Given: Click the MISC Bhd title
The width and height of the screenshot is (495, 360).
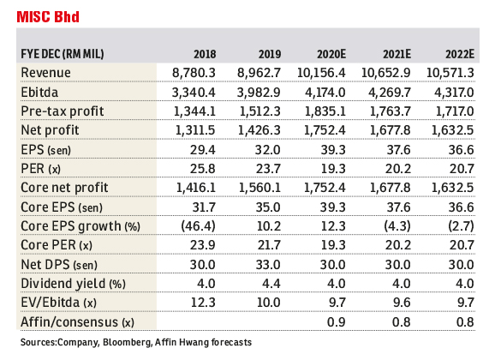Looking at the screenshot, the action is [x=48, y=17].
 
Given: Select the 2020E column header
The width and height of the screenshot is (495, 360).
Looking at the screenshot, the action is [x=331, y=54].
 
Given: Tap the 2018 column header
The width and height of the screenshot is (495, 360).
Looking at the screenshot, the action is [x=205, y=54].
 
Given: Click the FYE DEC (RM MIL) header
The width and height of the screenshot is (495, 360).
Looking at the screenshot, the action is [x=63, y=54].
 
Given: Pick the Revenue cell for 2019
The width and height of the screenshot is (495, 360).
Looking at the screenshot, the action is [x=259, y=73].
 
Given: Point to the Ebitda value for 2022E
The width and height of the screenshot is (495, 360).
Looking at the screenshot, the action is [x=454, y=93].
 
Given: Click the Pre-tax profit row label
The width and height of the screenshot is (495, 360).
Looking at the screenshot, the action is [x=63, y=111].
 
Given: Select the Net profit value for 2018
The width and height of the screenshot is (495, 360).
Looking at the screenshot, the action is [x=195, y=130].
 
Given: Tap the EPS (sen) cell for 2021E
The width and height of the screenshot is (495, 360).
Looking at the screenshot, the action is [x=399, y=150].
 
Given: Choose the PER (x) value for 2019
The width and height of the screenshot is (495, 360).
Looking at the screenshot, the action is [x=268, y=169].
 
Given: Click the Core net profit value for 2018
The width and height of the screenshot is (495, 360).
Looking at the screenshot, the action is [x=196, y=188].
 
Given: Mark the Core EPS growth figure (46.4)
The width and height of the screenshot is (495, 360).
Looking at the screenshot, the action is [x=198, y=226].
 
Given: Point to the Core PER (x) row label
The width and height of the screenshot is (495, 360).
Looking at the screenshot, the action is [x=57, y=245].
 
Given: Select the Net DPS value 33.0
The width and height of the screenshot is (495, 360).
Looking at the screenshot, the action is [x=268, y=265].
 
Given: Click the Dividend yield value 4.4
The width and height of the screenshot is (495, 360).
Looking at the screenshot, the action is [x=271, y=284].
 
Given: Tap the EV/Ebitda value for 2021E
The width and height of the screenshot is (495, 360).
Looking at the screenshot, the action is [x=402, y=303].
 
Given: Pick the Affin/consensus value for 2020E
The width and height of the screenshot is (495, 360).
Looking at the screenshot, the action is [x=337, y=322].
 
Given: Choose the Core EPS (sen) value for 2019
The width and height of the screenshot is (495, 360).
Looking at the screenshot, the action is [x=268, y=207].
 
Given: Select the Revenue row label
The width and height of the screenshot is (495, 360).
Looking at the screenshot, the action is [x=45, y=73].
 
